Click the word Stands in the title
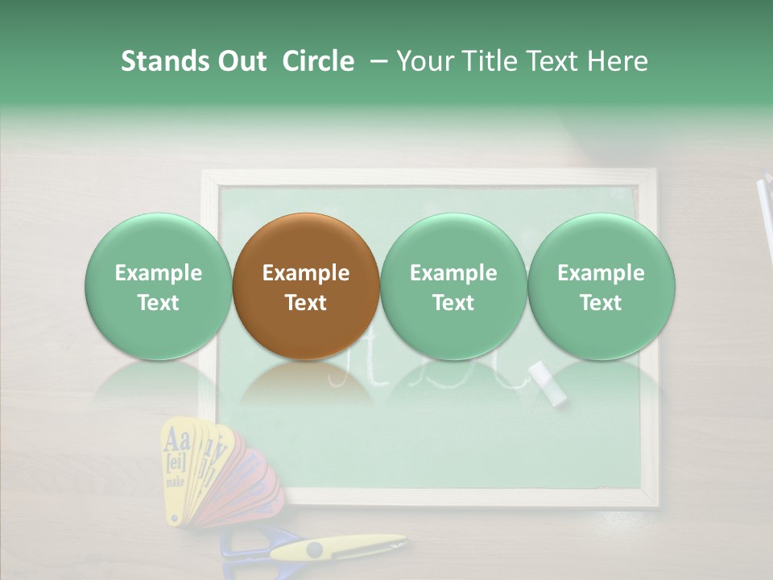163,61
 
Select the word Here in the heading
618,61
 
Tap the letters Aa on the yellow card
176,441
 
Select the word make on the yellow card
175,482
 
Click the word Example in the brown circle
305,273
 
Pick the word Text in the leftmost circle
158,303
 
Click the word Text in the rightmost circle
601,303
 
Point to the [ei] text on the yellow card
176,463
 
